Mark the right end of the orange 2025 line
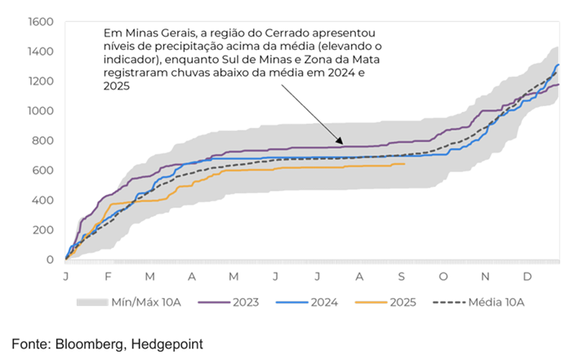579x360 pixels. point(405,164)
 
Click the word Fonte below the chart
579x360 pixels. point(30,344)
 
